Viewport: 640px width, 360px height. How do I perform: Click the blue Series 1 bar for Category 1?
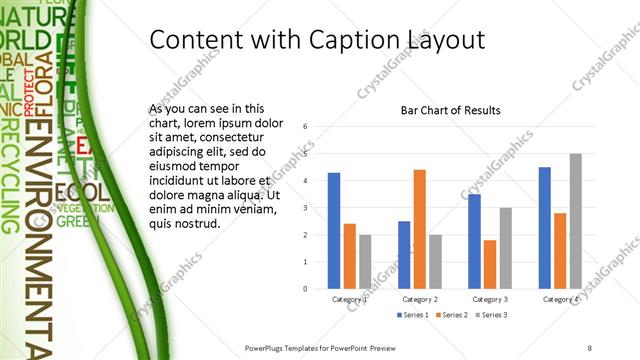click(334, 230)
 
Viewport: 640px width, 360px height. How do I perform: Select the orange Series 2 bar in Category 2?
click(420, 229)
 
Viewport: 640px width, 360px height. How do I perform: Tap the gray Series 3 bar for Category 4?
click(575, 221)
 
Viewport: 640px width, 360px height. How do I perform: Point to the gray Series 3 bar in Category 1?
click(365, 261)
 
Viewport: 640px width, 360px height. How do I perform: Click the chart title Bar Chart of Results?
click(450, 110)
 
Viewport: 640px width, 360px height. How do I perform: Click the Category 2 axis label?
click(420, 299)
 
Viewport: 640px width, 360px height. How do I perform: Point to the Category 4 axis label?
click(560, 299)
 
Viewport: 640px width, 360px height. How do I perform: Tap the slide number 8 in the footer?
click(589, 347)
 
